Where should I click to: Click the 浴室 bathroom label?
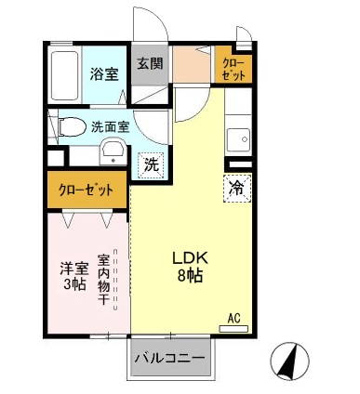(x=103, y=73)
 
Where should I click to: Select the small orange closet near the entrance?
(x=233, y=69)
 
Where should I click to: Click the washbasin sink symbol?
(x=113, y=152)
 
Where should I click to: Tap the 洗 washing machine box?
(x=149, y=164)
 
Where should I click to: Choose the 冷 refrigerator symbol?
(x=235, y=187)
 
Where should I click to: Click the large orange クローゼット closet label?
(x=87, y=190)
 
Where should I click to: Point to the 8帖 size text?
(x=191, y=277)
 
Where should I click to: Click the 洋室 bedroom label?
(x=73, y=269)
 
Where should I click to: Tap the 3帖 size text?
(x=73, y=285)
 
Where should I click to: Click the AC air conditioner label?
(x=235, y=318)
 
